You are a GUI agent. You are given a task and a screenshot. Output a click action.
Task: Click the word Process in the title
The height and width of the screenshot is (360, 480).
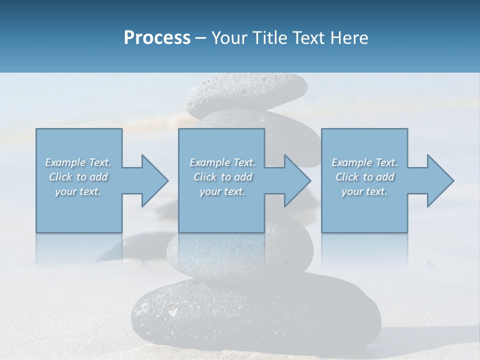157,38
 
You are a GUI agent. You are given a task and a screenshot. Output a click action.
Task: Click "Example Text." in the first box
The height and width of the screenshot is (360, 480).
78,162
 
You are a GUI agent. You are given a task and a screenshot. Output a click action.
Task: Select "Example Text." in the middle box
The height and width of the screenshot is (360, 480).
222,162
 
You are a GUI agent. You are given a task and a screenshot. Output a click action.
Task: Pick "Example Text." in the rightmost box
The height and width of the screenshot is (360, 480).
364,162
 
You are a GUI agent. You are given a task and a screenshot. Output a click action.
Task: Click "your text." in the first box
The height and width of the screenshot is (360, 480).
78,191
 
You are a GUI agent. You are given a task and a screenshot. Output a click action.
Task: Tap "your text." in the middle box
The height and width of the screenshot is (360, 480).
222,191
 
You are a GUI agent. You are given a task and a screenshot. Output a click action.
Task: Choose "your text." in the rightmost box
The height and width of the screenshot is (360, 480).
364,191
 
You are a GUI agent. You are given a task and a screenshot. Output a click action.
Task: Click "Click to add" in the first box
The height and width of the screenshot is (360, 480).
78,177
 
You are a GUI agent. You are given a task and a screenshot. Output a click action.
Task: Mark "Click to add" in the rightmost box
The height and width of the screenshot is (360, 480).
364,177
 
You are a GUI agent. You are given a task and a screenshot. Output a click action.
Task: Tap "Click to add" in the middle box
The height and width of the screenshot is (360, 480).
222,177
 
